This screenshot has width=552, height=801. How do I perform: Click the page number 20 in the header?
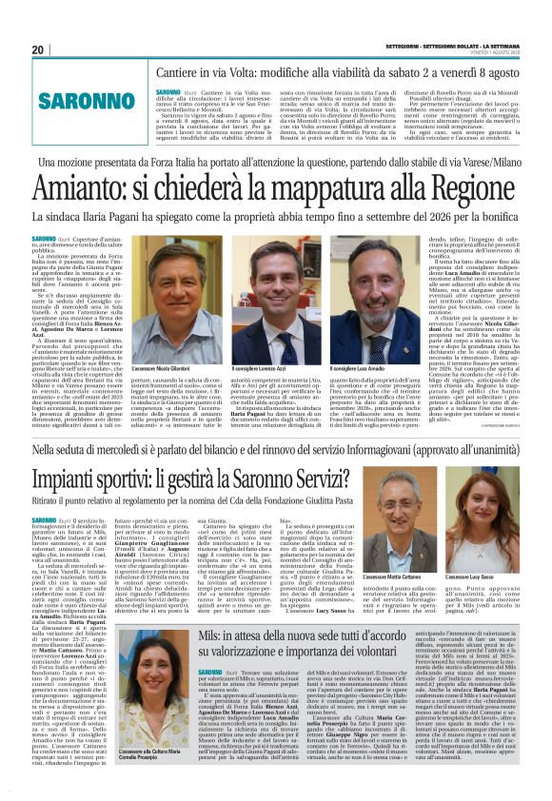pyautogui.click(x=37, y=49)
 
